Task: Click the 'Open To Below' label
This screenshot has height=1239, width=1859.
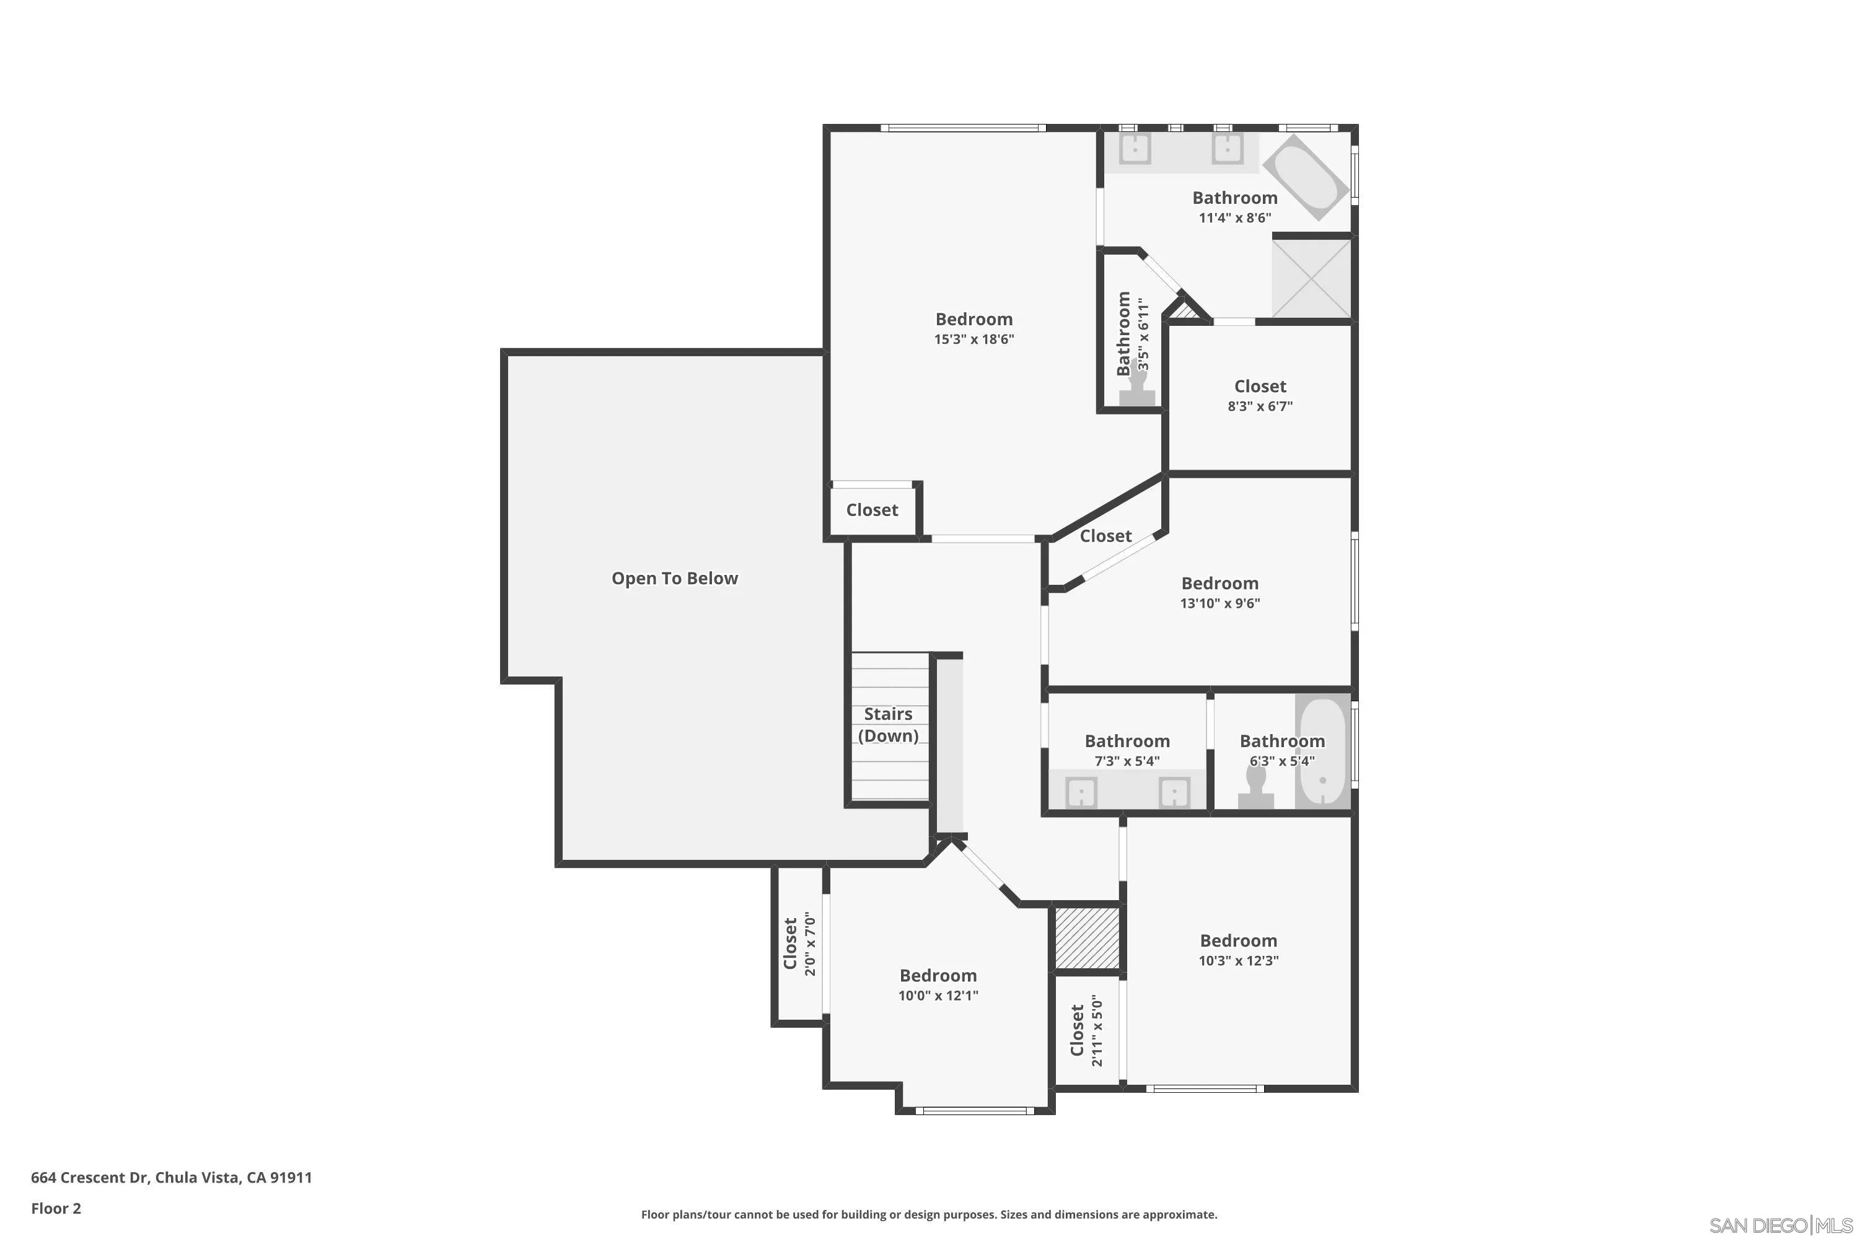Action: point(674,579)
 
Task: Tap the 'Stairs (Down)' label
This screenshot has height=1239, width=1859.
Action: point(887,725)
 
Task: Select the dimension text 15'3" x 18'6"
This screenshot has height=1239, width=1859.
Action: point(973,339)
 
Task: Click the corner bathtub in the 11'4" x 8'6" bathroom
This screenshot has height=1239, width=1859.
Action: point(1304,177)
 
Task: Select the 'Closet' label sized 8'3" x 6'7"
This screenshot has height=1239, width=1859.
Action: point(1260,387)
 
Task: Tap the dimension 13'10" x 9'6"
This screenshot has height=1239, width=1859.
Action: point(1220,603)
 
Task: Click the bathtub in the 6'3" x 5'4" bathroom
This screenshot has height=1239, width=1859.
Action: point(1322,751)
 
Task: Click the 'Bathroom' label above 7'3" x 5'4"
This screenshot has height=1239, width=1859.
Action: point(1127,741)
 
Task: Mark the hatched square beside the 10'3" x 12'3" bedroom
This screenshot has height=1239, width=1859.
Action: point(1087,939)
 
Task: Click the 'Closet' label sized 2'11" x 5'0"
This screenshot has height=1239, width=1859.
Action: point(1076,1030)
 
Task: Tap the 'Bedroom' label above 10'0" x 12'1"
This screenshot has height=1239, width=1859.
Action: point(938,976)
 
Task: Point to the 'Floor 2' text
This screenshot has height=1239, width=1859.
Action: point(56,1208)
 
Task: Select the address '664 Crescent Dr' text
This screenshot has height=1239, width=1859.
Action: point(89,1178)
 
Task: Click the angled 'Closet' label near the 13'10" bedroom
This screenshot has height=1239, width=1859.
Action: point(1105,536)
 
